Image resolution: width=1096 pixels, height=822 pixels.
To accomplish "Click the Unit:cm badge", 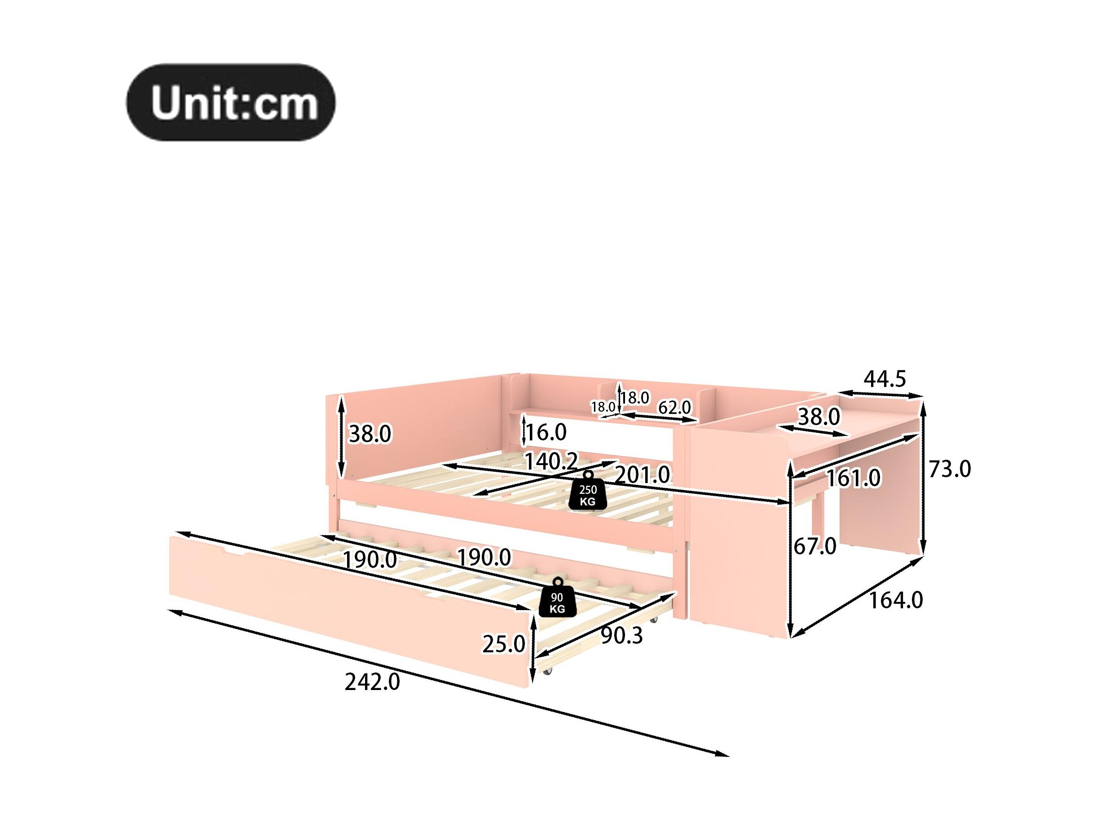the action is click(x=231, y=102).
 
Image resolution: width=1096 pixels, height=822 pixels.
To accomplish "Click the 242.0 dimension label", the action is click(x=372, y=682).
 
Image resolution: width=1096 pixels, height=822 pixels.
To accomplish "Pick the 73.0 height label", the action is click(x=949, y=469).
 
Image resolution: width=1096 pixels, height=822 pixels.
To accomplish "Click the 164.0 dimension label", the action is click(x=896, y=601).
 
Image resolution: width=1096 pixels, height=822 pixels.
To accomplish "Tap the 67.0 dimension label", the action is click(x=815, y=546).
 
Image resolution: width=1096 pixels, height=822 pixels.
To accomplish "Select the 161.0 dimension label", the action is click(x=853, y=478).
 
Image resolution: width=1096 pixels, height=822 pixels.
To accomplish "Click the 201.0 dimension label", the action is click(x=643, y=475).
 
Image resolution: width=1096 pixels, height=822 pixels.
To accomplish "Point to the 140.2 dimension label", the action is click(x=551, y=462).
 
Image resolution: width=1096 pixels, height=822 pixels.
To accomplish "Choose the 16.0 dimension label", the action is click(x=545, y=433).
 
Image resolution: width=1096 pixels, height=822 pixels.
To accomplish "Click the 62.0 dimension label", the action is click(x=674, y=407).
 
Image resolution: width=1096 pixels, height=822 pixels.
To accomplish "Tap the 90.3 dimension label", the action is click(x=621, y=636).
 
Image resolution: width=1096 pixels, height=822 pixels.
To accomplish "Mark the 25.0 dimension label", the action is click(x=503, y=644).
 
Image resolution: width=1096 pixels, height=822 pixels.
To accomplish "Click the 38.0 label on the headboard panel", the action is click(x=370, y=434).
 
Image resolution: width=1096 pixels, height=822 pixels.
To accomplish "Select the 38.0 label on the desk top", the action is click(x=819, y=417).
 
